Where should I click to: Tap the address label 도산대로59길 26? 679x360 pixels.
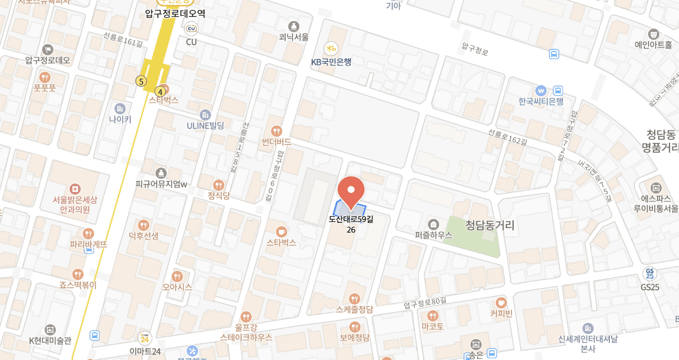point(351,224)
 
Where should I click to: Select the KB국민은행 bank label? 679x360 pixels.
point(331,62)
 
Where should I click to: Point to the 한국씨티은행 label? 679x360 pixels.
point(541,101)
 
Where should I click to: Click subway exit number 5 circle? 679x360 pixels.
point(140,82)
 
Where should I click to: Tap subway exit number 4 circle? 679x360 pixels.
point(161,91)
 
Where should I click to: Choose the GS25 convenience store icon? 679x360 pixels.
point(650,274)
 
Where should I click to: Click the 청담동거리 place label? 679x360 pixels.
point(490,225)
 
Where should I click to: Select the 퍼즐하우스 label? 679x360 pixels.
point(433,235)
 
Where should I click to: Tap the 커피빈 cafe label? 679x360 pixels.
point(501,314)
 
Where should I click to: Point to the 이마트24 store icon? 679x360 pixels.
point(145,338)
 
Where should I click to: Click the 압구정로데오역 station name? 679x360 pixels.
point(175,14)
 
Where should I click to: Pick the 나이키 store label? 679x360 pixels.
point(120,119)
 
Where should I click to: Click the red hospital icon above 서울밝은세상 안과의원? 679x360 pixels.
point(75,188)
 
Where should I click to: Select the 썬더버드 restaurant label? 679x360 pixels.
point(277,142)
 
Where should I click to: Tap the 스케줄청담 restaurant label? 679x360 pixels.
point(354,309)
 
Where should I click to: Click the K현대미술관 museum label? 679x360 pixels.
point(50,341)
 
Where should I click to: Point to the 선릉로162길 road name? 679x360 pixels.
point(507,139)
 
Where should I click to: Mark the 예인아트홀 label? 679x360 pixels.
point(653,45)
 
